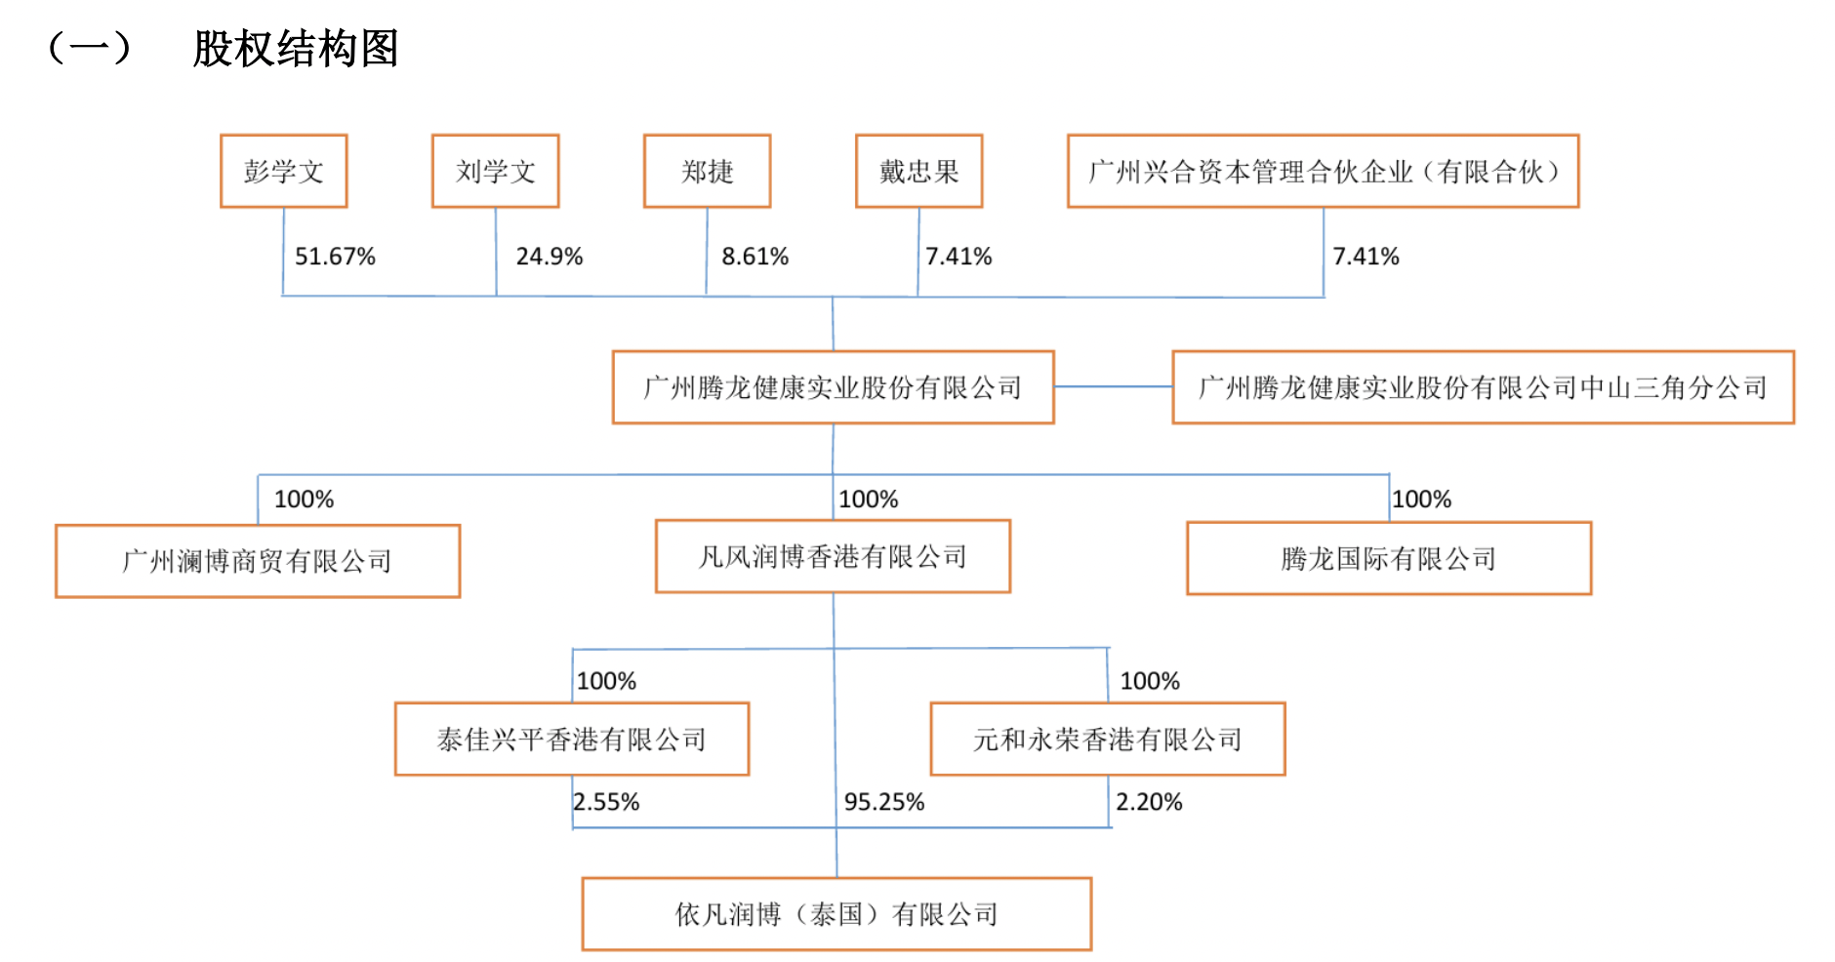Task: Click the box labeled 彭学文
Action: click(283, 171)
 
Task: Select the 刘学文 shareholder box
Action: click(495, 171)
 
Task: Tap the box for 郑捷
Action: click(707, 171)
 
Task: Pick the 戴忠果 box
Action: click(918, 171)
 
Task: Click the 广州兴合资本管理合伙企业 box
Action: click(1323, 171)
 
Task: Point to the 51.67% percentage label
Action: click(335, 257)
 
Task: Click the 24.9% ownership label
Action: click(549, 257)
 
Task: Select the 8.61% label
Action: click(754, 257)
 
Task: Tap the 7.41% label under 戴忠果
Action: click(958, 257)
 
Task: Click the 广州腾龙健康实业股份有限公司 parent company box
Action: click(833, 387)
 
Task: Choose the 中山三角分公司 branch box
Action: click(1483, 387)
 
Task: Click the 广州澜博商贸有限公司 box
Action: click(258, 561)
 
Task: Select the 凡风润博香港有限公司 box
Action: click(833, 556)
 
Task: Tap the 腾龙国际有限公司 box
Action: click(1388, 558)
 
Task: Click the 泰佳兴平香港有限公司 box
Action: click(571, 739)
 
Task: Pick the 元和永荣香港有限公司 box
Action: click(1107, 739)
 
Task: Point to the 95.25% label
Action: click(883, 802)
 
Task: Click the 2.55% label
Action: click(606, 802)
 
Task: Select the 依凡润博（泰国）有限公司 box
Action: click(836, 914)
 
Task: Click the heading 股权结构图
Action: click(295, 49)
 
